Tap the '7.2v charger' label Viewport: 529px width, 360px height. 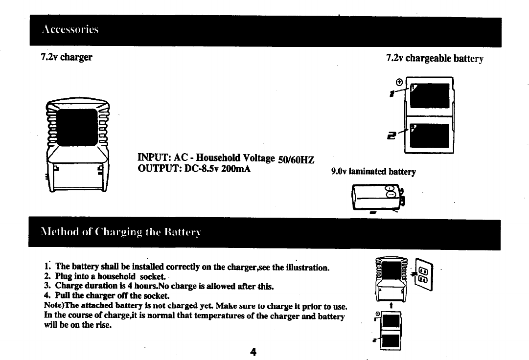pos(66,57)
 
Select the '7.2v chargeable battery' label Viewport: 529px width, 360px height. pos(435,58)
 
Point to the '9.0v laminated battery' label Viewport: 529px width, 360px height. pos(373,172)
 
